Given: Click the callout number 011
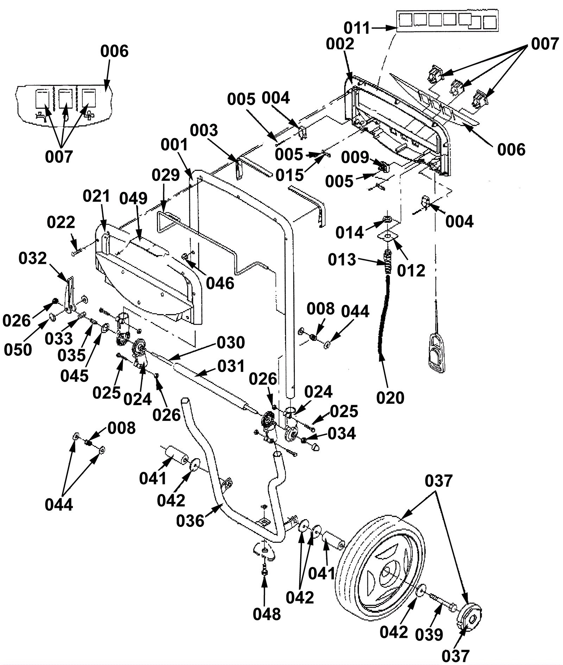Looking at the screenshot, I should click(357, 28).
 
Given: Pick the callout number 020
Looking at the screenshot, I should click(390, 398).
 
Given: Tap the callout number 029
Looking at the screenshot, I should click(166, 175).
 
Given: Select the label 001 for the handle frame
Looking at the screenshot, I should click(175, 145).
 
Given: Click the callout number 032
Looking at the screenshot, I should click(32, 259).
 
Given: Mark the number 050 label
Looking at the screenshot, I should click(18, 350).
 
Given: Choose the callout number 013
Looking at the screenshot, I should click(342, 260).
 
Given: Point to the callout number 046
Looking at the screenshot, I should click(220, 284).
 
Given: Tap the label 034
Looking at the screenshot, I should click(342, 434).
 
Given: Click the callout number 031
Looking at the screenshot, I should click(231, 366).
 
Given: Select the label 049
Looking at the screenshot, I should click(133, 199).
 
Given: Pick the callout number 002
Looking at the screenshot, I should click(340, 44).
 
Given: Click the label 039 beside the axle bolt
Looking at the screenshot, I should click(429, 635).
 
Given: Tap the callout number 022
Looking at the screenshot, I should click(61, 222).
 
